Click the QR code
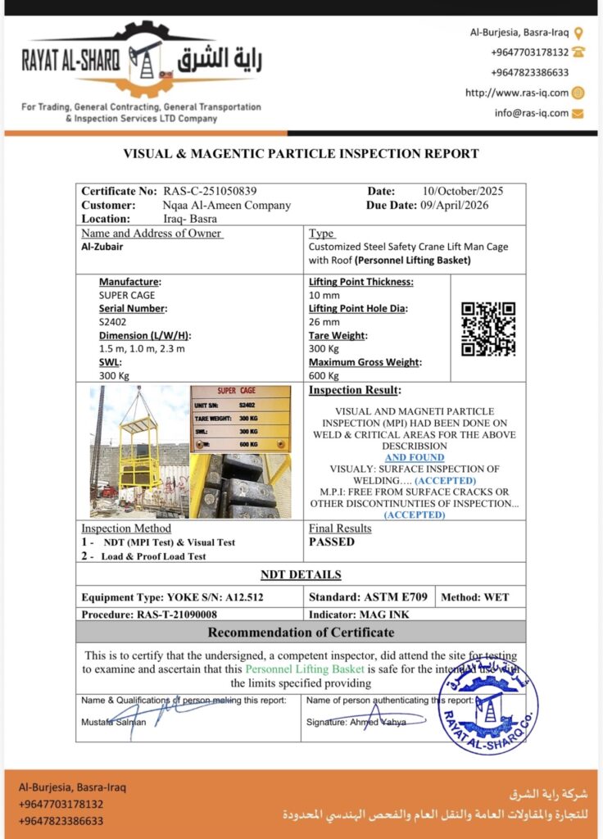point(488,329)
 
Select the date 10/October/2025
point(463,191)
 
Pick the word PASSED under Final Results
point(332,542)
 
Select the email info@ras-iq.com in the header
point(531,113)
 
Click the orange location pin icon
point(578,33)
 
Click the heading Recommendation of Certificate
point(301,632)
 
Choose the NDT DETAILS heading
point(301,574)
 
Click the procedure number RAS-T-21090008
point(176,614)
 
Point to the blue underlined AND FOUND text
point(415,457)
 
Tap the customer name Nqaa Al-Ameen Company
point(227,205)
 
